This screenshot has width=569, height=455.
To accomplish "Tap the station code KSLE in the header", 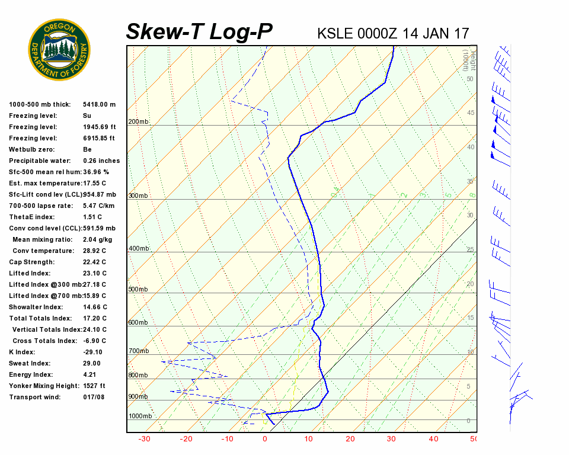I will [335, 33].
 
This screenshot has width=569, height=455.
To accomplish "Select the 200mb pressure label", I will [138, 122].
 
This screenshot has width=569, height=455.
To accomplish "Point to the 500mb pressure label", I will [138, 290].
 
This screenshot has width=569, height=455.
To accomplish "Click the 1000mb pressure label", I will [140, 416].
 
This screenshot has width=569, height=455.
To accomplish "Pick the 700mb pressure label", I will [138, 351].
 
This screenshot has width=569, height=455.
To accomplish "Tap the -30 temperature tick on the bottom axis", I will [143, 439].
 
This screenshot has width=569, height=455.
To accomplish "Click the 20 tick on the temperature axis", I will [350, 439].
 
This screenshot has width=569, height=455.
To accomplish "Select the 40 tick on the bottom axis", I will [434, 439].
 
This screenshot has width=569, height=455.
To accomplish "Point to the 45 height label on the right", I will [471, 113].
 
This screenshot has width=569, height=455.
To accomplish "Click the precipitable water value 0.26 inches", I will [101, 161].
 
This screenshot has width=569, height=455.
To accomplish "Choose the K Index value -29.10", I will [93, 352].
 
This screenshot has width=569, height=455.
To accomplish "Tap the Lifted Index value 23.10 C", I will [95, 273].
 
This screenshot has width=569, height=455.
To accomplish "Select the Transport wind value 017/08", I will [94, 397].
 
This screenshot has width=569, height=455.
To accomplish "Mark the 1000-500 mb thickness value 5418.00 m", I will [99, 104].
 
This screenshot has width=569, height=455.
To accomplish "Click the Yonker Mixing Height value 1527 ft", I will [94, 386].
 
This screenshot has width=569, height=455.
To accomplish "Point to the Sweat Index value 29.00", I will [92, 363].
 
